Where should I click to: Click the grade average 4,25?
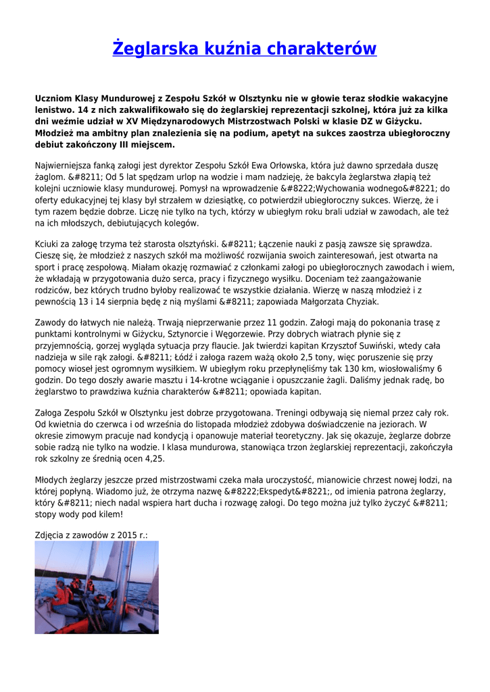pyautogui.click(x=154, y=458)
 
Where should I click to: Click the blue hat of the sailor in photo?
pyautogui.click(x=59, y=580)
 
